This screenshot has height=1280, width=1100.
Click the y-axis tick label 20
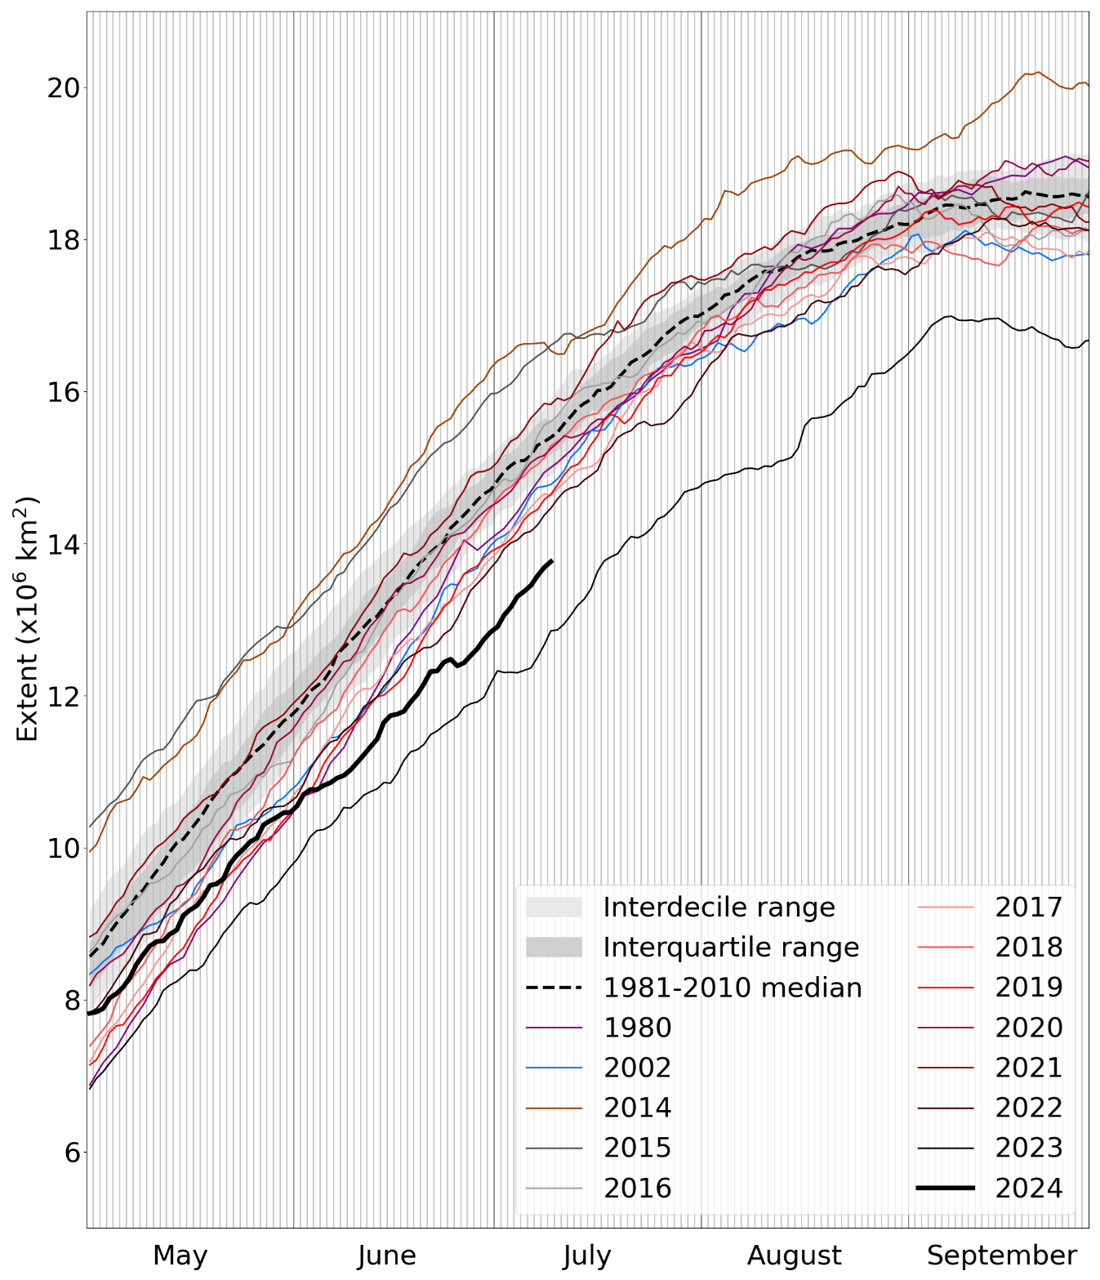click(x=64, y=87)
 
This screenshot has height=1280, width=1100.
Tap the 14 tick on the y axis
click(x=64, y=544)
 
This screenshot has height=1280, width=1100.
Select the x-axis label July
click(x=586, y=1255)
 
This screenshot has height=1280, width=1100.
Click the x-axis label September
click(x=1001, y=1255)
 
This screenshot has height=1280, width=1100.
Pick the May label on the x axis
click(x=180, y=1255)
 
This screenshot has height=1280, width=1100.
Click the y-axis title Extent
click(x=27, y=618)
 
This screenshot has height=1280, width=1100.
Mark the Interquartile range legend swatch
click(x=554, y=948)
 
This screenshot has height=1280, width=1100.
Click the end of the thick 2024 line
click(x=553, y=560)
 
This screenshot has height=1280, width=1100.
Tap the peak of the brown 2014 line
click(x=1037, y=72)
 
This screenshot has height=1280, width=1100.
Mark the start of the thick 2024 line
click(x=88, y=1014)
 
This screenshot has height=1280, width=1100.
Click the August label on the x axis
click(x=794, y=1255)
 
